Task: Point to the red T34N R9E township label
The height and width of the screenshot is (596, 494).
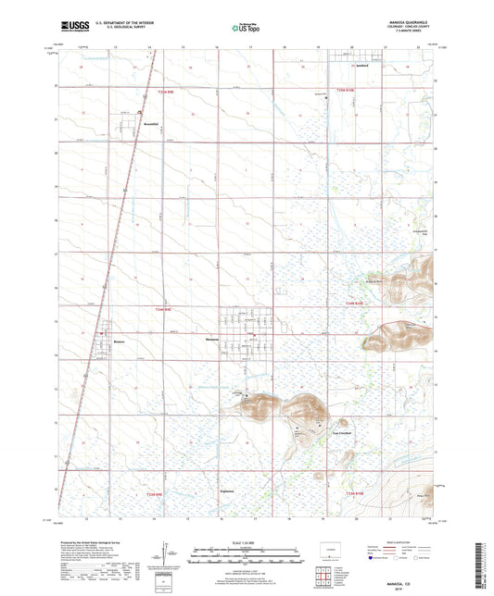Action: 164,310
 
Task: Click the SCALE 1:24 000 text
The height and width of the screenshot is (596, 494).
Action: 246,541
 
